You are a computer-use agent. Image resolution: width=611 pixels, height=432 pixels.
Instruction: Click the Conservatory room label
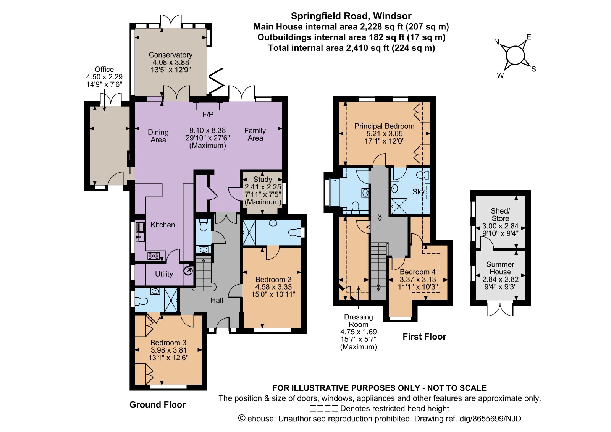click(x=170, y=55)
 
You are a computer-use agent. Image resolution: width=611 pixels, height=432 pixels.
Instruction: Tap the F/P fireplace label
click(x=208, y=114)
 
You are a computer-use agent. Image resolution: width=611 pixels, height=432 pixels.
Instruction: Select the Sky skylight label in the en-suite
click(x=419, y=192)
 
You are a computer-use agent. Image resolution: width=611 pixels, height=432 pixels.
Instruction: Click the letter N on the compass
click(x=496, y=42)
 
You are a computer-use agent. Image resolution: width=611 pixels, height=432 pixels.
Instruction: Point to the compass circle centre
click(x=515, y=56)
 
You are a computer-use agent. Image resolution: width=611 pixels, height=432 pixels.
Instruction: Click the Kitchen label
click(x=163, y=225)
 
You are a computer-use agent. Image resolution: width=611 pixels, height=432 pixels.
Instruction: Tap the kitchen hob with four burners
click(x=153, y=256)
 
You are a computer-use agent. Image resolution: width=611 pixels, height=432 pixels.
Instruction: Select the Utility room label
click(x=164, y=274)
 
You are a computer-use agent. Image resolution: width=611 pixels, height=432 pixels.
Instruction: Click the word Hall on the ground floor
click(x=217, y=301)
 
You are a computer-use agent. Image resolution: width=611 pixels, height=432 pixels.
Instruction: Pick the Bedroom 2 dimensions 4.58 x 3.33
click(x=273, y=287)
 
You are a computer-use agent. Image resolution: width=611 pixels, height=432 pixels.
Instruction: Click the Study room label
click(x=263, y=179)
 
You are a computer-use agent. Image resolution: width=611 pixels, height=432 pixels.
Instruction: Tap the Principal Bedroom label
click(x=385, y=126)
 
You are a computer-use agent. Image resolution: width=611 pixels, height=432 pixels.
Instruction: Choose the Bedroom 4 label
click(x=418, y=272)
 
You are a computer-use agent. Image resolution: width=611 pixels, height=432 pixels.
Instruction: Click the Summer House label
click(x=500, y=268)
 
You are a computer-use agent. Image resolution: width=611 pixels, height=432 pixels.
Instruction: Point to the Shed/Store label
click(x=500, y=215)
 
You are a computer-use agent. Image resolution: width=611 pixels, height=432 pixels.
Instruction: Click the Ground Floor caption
click(x=157, y=405)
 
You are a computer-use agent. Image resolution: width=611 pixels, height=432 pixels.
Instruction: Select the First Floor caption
click(x=424, y=337)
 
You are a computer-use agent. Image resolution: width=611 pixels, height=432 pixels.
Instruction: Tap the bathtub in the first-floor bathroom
click(x=335, y=193)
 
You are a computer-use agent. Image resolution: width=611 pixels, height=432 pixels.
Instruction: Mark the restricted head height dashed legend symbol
click(x=324, y=409)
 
